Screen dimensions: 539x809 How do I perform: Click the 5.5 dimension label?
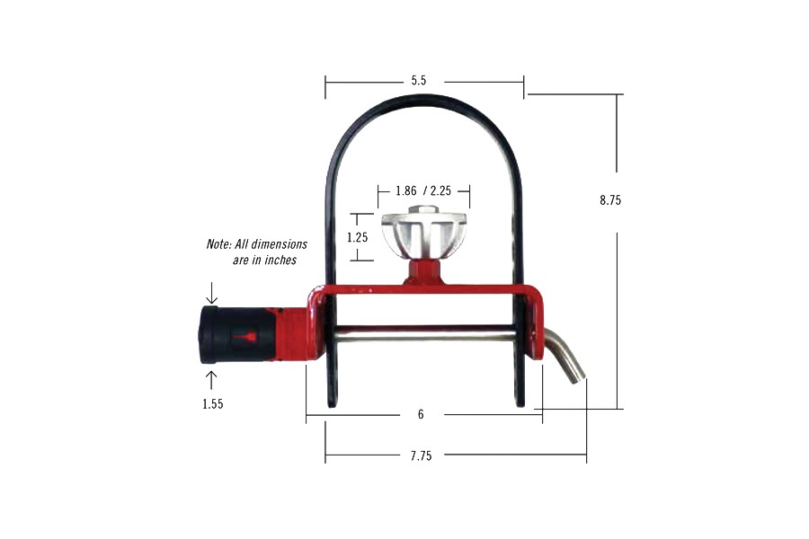(418, 81)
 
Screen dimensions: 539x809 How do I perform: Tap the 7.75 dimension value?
(421, 456)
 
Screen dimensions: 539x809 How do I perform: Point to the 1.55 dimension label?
(212, 404)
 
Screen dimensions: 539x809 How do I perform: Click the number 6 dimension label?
(421, 415)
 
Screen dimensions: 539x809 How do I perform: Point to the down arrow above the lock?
(212, 294)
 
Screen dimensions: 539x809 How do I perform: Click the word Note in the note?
(219, 244)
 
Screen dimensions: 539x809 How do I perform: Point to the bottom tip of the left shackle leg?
(333, 403)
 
